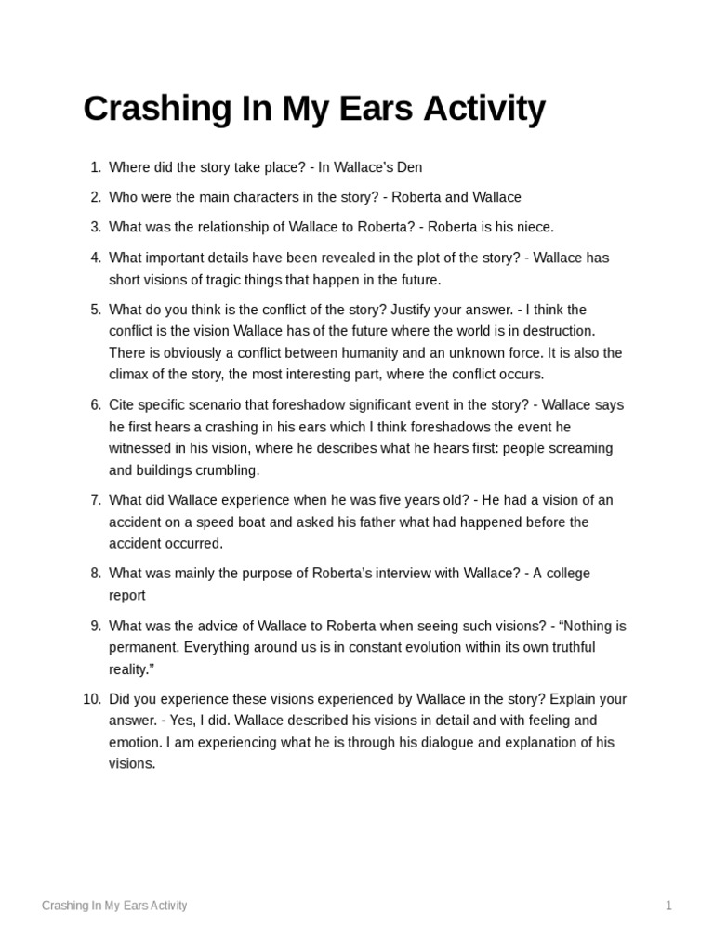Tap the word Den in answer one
410,167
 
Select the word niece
533,227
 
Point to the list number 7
96,500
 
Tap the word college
564,574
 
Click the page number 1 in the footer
668,906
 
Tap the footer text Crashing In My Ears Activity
114,906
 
